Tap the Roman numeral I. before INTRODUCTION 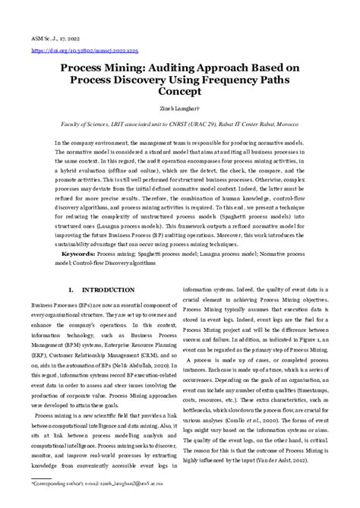click(92, 290)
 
